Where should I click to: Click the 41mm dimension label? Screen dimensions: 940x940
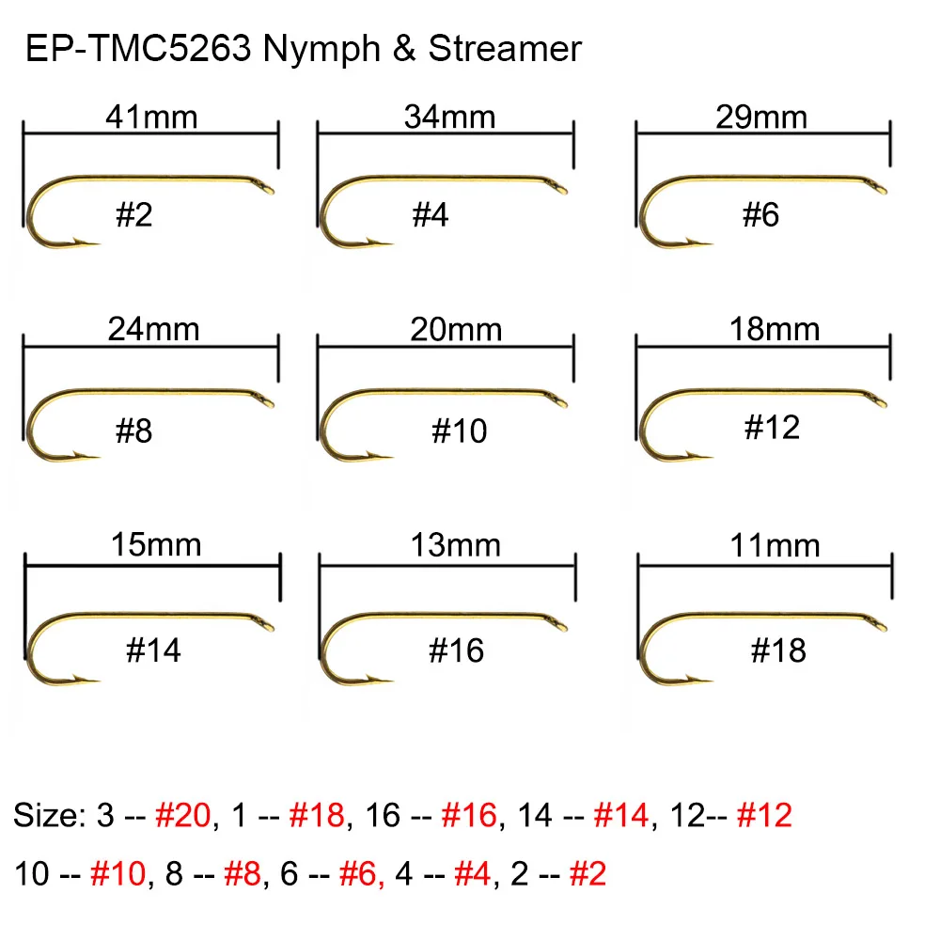pyautogui.click(x=151, y=117)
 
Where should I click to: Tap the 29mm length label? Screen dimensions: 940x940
pyautogui.click(x=761, y=117)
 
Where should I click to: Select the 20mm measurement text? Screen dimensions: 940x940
pyautogui.click(x=456, y=329)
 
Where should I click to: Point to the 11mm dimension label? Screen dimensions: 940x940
pyautogui.click(x=775, y=545)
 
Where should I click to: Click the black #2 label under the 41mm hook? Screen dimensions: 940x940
pyautogui.click(x=134, y=214)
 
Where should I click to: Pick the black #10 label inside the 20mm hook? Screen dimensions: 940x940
pyautogui.click(x=460, y=431)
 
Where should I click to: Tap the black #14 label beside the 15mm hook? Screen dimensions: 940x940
pyautogui.click(x=153, y=650)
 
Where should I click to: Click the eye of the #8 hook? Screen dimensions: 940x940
pyautogui.click(x=266, y=400)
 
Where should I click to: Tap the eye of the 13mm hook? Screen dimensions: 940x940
pyautogui.click(x=560, y=624)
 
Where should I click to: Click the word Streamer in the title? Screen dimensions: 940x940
pyautogui.click(x=505, y=49)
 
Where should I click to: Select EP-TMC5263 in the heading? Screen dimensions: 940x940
pyautogui.click(x=138, y=49)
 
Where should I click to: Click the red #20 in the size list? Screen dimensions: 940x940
pyautogui.click(x=183, y=815)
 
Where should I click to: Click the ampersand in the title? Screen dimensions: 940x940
pyautogui.click(x=404, y=49)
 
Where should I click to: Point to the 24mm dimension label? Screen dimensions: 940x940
pyautogui.click(x=153, y=329)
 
